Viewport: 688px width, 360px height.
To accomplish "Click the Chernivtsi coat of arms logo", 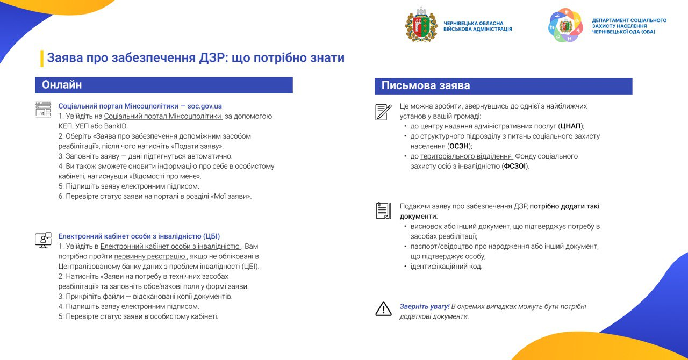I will click(x=421, y=25).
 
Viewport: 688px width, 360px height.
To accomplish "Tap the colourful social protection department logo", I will click(x=565, y=25).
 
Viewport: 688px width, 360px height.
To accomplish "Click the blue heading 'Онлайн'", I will click(x=62, y=85).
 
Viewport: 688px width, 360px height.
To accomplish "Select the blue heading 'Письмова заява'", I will click(x=426, y=86).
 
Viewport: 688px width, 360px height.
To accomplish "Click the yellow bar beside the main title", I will click(x=42, y=58).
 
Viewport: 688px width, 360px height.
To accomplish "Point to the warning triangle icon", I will click(x=383, y=308).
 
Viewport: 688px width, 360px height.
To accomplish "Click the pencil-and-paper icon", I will click(x=383, y=112).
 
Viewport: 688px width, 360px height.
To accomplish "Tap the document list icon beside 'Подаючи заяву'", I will click(x=383, y=210).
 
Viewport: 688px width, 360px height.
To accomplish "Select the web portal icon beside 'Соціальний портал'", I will click(x=43, y=109).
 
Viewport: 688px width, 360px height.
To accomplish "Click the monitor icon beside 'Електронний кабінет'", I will click(x=43, y=240).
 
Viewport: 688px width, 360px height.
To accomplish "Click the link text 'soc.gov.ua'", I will click(x=205, y=106).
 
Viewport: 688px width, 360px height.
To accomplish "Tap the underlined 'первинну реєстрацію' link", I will click(x=149, y=256).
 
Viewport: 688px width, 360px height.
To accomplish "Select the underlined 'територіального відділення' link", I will click(x=466, y=156).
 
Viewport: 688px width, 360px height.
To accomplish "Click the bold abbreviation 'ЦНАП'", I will click(x=570, y=126).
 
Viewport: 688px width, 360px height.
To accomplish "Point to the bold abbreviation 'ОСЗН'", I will click(x=460, y=146).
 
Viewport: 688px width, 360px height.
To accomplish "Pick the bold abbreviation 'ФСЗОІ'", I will click(x=515, y=167).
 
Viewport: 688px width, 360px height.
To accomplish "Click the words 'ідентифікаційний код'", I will click(x=446, y=267).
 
